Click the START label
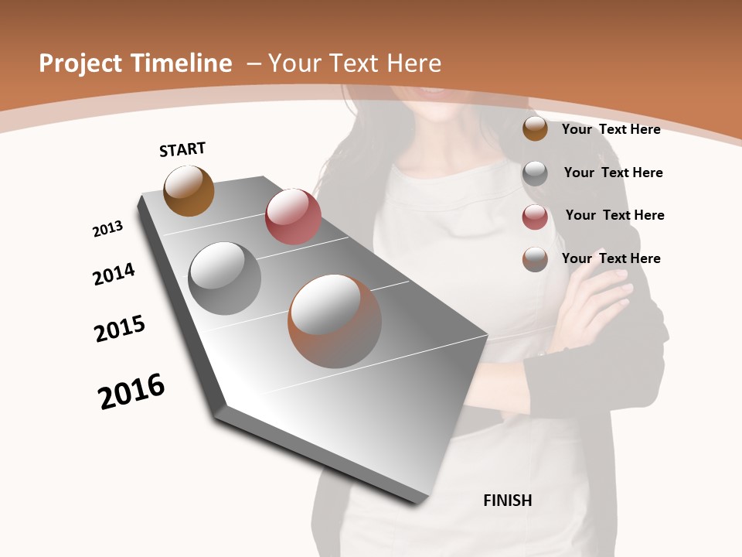click(x=182, y=149)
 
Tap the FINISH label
click(x=508, y=501)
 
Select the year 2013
click(x=107, y=229)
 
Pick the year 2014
click(x=114, y=274)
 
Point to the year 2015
click(x=120, y=329)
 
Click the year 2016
click(x=131, y=391)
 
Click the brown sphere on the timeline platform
click(x=189, y=190)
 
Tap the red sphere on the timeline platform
click(x=293, y=216)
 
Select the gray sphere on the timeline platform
click(x=224, y=278)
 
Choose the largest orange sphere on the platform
click(x=335, y=321)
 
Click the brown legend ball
click(x=535, y=129)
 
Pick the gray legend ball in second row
click(x=535, y=173)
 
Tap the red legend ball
click(x=535, y=217)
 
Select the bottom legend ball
click(x=535, y=259)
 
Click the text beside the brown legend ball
click(x=611, y=129)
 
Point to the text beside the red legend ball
click(x=614, y=215)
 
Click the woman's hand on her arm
click(x=595, y=309)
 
